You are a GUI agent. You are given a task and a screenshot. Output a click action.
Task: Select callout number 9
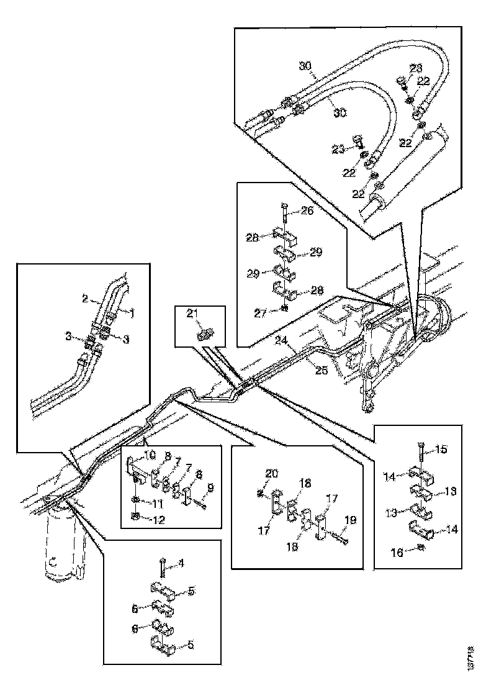[210, 488]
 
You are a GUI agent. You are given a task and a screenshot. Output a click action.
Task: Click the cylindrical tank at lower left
[61, 546]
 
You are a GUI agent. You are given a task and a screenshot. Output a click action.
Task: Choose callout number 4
[182, 563]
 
